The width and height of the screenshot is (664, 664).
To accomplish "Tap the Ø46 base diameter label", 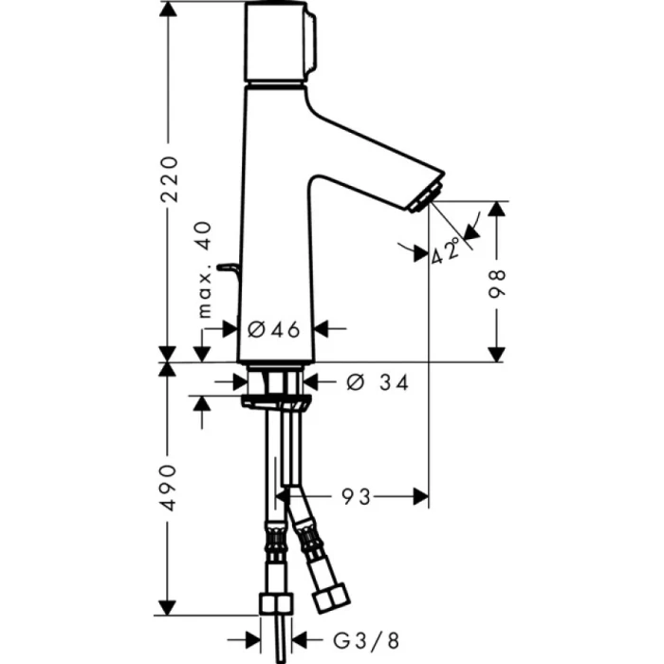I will point(273,329).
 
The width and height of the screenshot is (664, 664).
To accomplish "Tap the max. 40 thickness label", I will point(204,271).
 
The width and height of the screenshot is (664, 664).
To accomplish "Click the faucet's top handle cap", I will point(277,43).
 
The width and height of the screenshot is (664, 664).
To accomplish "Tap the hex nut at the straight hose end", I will point(274,604).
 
